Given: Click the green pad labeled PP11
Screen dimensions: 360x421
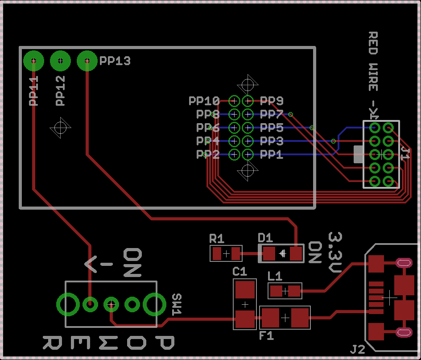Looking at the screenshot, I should (33, 61).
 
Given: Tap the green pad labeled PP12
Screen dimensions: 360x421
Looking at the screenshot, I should (61, 61).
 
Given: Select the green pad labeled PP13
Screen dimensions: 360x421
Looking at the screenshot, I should (87, 61).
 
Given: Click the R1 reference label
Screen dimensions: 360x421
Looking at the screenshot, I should (217, 237).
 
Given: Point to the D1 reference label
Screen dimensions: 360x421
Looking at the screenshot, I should (266, 237).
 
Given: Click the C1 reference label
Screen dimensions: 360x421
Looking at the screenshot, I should (239, 271).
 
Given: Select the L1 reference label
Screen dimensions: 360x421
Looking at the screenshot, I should (275, 276).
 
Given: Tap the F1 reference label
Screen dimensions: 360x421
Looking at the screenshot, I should (267, 336).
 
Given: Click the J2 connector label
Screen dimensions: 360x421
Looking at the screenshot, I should (358, 349).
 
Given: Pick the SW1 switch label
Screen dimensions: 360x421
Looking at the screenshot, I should (177, 304).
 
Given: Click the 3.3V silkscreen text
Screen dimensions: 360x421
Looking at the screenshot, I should (335, 252).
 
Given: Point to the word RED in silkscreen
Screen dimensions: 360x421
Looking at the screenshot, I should (373, 43).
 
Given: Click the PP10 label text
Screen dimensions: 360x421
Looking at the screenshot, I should (204, 101).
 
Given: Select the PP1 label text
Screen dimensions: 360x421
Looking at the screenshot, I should (272, 155).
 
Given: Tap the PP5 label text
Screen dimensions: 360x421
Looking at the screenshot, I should (272, 128).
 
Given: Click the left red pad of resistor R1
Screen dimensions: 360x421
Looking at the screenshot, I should (217, 254).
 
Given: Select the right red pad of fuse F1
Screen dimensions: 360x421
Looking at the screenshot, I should (300, 318).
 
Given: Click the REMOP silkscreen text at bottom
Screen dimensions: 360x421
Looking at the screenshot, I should (108, 343).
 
